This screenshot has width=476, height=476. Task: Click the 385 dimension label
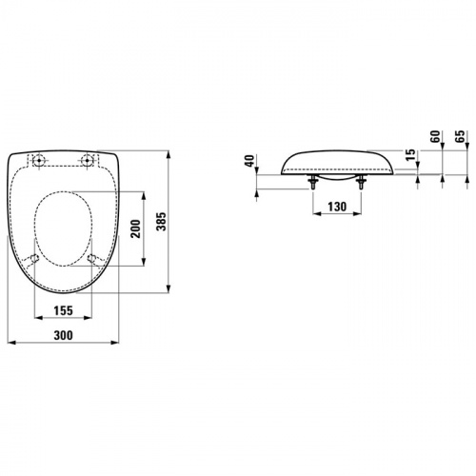click(162, 222)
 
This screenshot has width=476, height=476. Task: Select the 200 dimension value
click(136, 228)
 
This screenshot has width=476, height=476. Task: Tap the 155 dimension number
click(63, 310)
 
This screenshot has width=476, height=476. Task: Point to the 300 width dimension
click(63, 335)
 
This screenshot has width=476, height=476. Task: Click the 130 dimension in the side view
click(337, 207)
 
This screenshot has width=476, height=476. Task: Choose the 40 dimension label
click(249, 161)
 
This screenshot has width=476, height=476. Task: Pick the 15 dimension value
click(410, 155)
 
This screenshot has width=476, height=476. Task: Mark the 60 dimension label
click(436, 136)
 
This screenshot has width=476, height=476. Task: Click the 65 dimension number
click(461, 136)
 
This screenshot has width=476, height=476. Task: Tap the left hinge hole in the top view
click(39, 160)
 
